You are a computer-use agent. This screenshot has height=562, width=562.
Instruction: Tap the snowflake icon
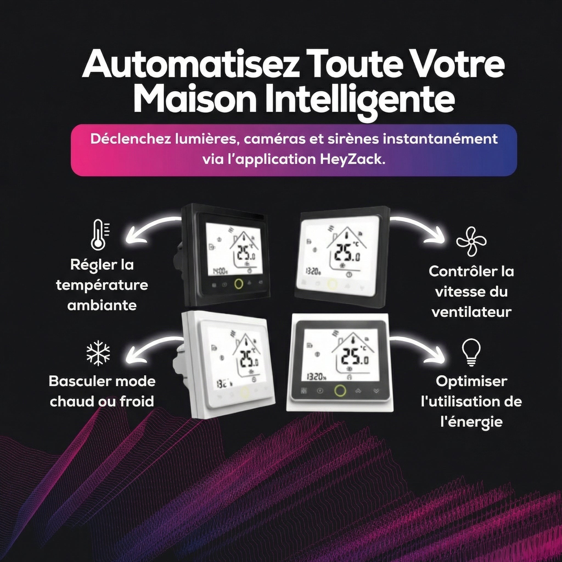click(99, 353)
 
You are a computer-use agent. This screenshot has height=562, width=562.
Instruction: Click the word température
click(102, 285)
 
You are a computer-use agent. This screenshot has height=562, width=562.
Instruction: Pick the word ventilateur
click(471, 312)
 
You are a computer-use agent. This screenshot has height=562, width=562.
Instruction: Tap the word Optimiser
click(471, 382)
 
